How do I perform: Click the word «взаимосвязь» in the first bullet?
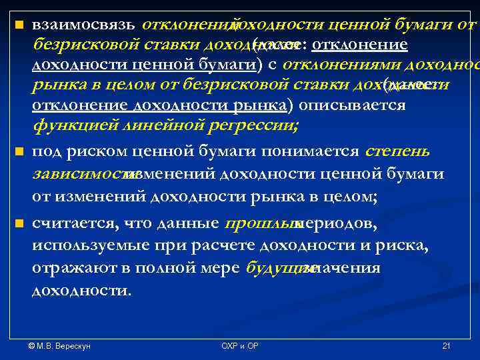pos(84,25)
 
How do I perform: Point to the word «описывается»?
pos(351,106)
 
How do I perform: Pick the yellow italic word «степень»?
pos(397,151)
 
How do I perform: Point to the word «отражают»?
pos(67,269)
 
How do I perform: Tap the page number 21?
pos(446,346)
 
